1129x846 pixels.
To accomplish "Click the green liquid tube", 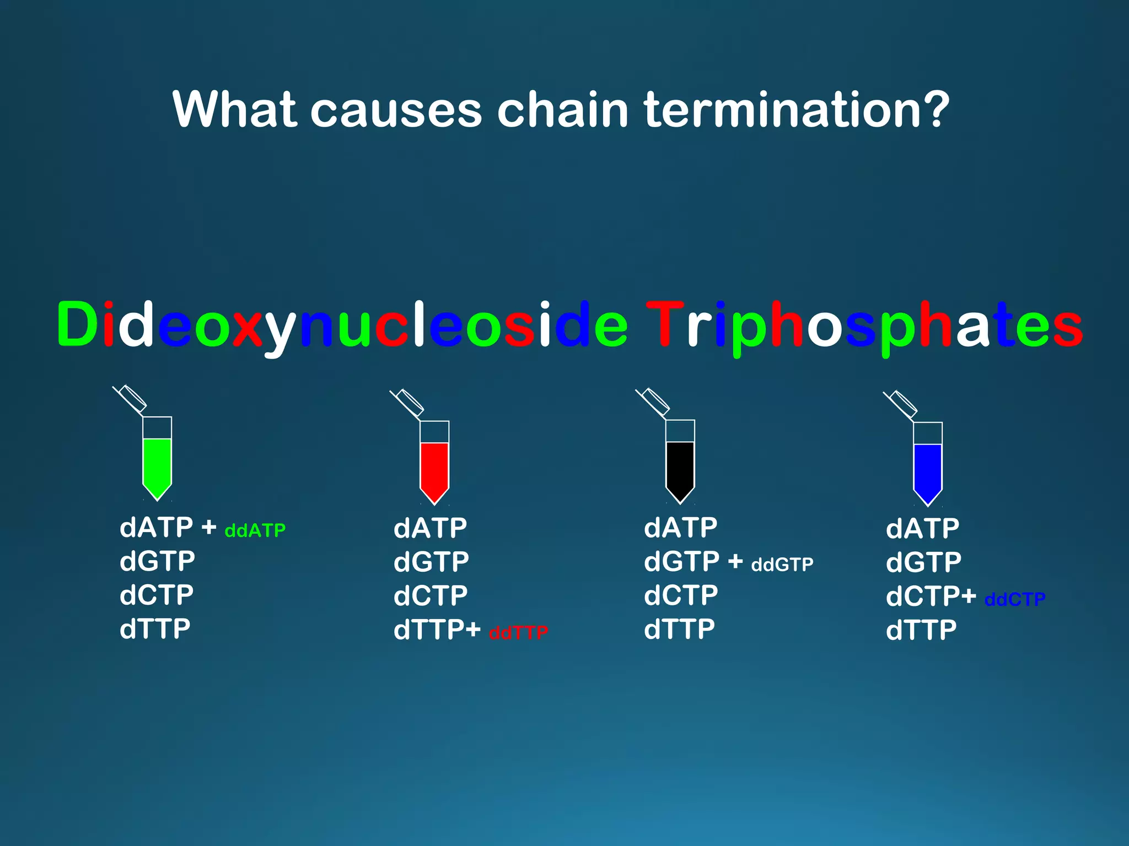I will click(x=157, y=463).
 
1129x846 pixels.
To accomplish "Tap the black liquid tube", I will click(x=680, y=466).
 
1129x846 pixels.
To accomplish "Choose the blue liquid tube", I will click(x=928, y=468).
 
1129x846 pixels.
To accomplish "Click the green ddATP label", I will click(x=255, y=530).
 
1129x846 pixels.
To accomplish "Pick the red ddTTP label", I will click(x=518, y=632).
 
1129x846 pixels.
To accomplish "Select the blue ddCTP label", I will click(x=1014, y=599).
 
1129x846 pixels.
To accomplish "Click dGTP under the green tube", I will click(x=157, y=561).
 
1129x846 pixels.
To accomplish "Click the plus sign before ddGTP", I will click(x=735, y=562).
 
